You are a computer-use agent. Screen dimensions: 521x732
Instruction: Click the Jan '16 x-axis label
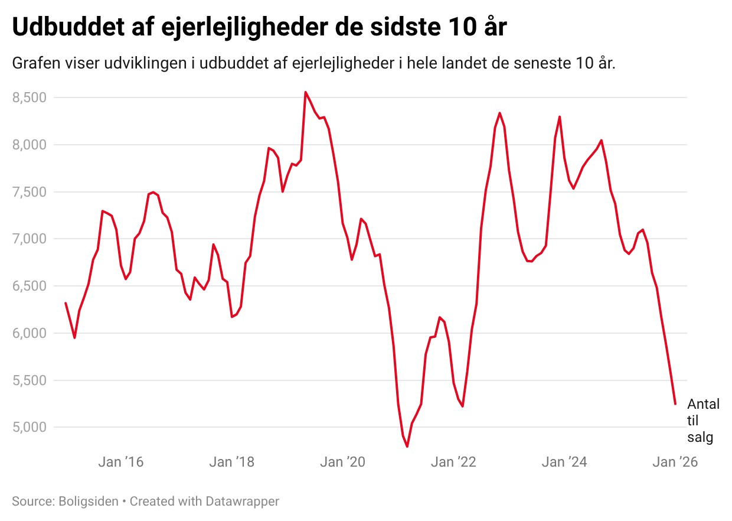coord(120,462)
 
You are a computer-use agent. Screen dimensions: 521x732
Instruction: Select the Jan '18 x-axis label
coord(231,462)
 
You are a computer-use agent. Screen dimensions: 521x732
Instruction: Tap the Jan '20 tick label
coord(342,462)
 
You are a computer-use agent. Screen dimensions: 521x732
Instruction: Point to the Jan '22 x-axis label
coord(453,462)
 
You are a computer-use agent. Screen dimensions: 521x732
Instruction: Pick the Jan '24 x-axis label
coord(564,462)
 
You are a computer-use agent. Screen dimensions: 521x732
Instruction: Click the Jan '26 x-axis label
coord(675,462)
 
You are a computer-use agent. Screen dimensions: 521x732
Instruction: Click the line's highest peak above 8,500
coord(305,92)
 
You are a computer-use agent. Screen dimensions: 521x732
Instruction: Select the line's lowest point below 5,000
coord(407,447)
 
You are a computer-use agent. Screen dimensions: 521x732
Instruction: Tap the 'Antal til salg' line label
coord(703,421)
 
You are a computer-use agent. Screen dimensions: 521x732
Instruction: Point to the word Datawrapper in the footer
coord(242,502)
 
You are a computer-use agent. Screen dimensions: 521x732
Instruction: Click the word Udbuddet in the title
coord(66,27)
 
